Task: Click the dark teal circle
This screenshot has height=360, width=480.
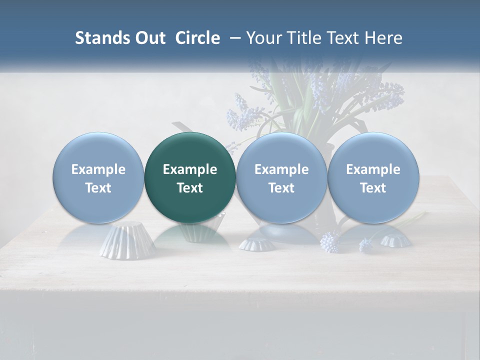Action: coord(190,178)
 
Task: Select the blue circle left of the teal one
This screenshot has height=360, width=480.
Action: coord(98,178)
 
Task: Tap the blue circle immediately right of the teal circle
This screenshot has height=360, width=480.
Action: coord(281,178)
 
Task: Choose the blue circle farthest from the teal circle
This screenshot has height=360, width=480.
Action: coord(373,178)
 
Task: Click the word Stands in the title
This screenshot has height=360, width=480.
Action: coord(102,38)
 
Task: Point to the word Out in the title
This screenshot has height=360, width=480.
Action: coord(149,38)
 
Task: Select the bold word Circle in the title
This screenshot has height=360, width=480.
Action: coord(197,38)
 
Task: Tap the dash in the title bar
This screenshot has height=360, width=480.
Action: coord(233,38)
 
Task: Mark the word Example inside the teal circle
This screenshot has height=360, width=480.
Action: coord(190,169)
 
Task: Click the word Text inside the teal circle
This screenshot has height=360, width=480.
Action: coord(190,188)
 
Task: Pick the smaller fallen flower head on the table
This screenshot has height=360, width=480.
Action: coord(366,245)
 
